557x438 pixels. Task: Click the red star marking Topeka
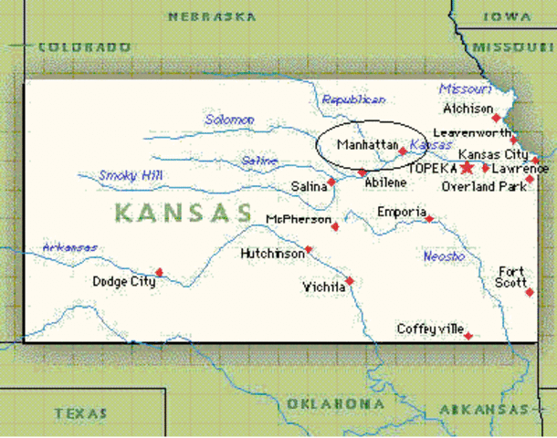(467, 168)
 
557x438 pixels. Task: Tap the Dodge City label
(124, 282)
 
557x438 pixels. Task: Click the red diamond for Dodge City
(159, 272)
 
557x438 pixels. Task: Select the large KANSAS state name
(183, 214)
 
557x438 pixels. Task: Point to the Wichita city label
(322, 287)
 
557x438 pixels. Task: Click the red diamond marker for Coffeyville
(468, 336)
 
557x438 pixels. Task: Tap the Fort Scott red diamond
(530, 292)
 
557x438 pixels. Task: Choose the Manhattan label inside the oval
(367, 145)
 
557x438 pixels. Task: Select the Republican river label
(354, 99)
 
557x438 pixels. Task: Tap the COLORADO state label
(84, 47)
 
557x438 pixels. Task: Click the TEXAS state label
(81, 413)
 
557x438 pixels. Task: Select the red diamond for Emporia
(429, 218)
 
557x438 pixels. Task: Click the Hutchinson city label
(272, 254)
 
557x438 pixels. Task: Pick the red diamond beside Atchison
(496, 118)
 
